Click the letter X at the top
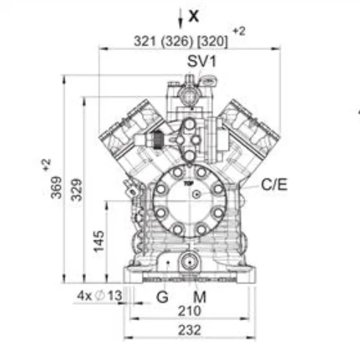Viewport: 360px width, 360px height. (194, 16)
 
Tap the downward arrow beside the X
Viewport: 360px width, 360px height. (181, 18)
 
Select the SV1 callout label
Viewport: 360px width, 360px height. (202, 61)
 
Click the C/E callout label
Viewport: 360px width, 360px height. (274, 184)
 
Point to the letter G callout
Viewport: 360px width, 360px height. (162, 297)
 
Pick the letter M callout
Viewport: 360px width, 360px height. (200, 297)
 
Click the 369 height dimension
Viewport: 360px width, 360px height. (56, 187)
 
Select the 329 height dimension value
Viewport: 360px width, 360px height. (76, 190)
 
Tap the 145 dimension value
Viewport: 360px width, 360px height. (99, 241)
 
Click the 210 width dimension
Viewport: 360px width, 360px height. (190, 311)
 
